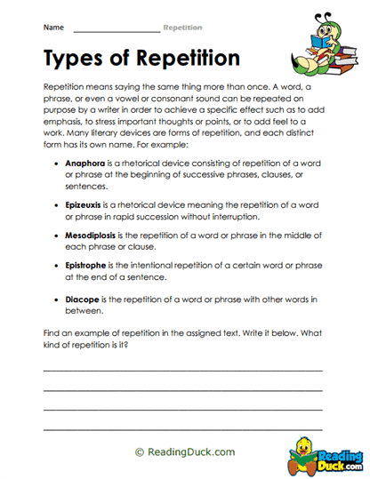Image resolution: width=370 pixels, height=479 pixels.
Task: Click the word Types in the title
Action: pos(74,59)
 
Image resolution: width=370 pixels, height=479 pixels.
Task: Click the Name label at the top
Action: pos(52,28)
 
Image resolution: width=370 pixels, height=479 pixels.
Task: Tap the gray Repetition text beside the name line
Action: pos(182,28)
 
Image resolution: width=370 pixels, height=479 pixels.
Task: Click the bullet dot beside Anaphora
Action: pos(57,164)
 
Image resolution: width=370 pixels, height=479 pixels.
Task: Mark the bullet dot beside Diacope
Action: pos(57,300)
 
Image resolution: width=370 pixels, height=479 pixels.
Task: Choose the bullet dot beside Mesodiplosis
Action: pos(57,236)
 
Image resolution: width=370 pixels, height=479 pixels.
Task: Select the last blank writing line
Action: pos(182,427)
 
